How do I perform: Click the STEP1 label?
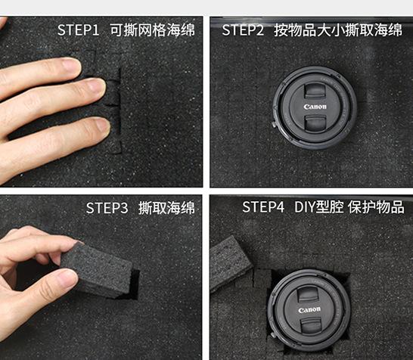point(78,30)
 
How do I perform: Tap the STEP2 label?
point(243,30)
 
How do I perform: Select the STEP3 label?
point(107,208)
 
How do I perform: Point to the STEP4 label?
point(263,206)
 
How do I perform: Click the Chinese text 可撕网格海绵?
point(152,29)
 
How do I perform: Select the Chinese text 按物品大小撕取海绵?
point(338,29)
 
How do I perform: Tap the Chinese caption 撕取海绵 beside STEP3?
point(166,208)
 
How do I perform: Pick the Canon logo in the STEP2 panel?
point(315,107)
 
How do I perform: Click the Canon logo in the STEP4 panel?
point(309,309)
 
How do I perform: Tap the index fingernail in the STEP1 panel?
point(70,64)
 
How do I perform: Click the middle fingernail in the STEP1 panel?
point(96,85)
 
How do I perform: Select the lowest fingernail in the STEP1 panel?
point(102,124)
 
